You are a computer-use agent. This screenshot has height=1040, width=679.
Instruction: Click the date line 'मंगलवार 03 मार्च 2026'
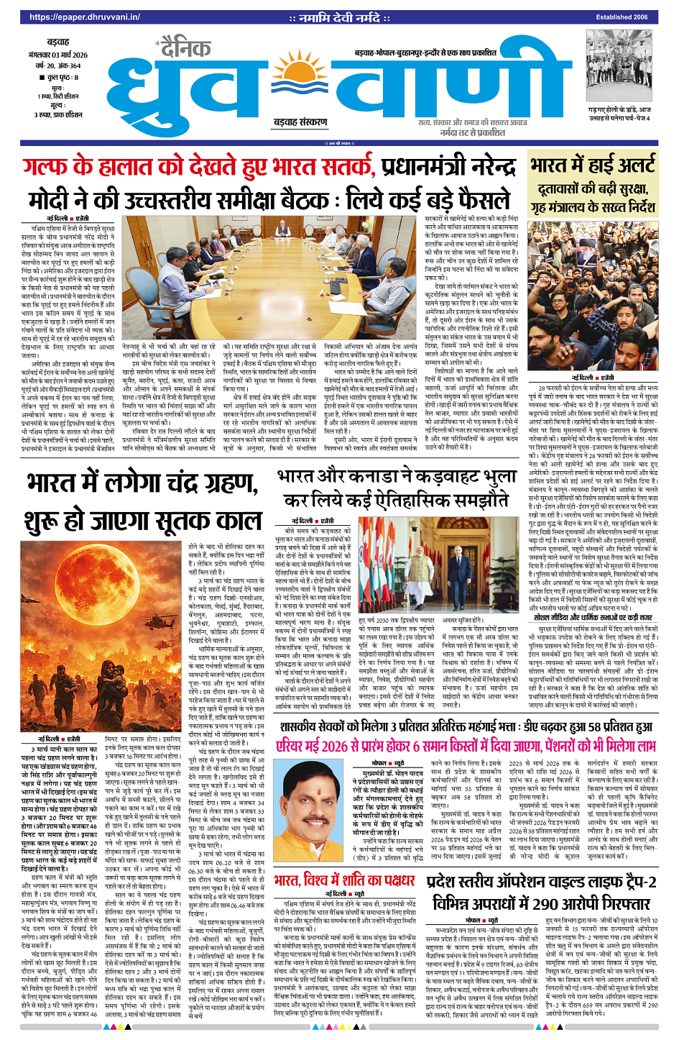tap(57, 55)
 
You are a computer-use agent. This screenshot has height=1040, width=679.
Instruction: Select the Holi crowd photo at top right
tap(619, 68)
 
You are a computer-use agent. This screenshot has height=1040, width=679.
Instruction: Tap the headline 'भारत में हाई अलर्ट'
tap(593, 165)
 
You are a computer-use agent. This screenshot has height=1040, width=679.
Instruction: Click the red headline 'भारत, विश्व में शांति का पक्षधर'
tap(344, 880)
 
